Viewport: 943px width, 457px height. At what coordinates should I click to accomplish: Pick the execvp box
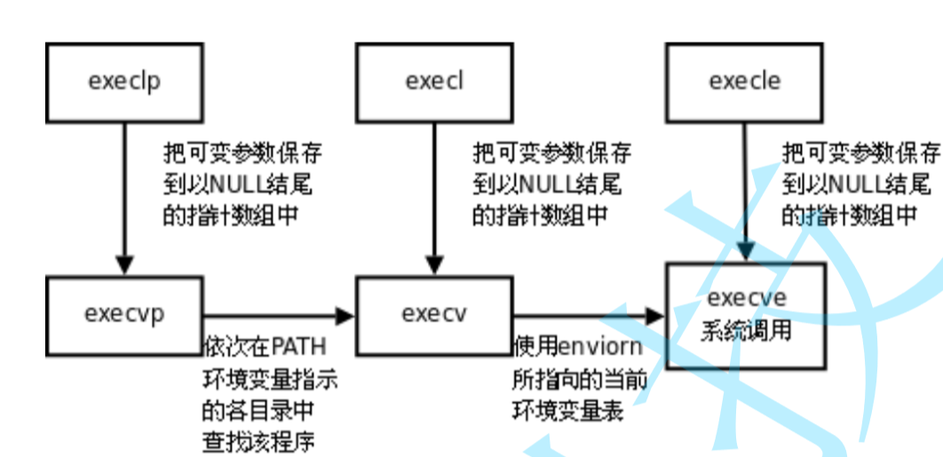[124, 314]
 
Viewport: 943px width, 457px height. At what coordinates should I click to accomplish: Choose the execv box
[434, 314]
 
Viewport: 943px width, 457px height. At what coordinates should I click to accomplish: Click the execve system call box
[746, 315]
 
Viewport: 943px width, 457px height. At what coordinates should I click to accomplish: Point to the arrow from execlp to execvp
[124, 196]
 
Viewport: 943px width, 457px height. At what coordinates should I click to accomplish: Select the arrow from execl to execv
[434, 196]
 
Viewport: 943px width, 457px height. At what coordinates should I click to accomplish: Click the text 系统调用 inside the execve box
[746, 331]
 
